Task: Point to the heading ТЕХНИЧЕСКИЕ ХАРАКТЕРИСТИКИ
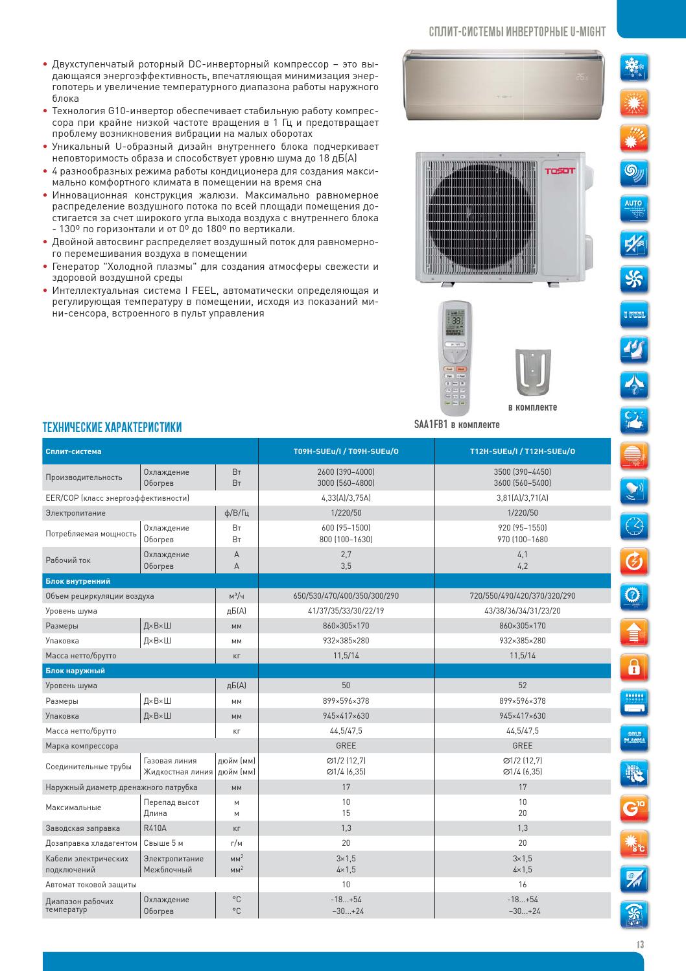tap(112, 427)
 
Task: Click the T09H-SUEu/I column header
tap(346, 451)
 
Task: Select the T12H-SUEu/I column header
tap(522, 451)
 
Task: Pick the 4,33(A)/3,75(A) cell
tap(346, 498)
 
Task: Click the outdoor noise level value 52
tap(522, 686)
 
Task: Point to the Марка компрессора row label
tap(82, 746)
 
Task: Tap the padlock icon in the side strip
tap(633, 666)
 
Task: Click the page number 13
tap(640, 944)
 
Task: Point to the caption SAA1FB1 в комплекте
tap(457, 425)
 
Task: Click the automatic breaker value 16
tap(522, 884)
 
